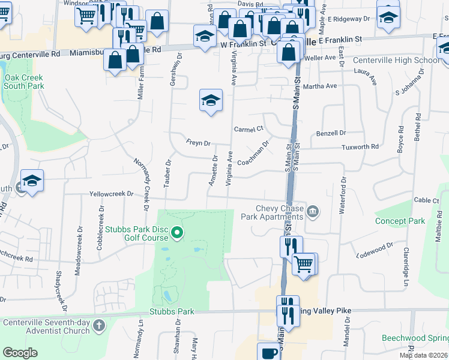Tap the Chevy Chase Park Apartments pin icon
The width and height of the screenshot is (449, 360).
[313, 211]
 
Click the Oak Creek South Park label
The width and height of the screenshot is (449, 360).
[24, 82]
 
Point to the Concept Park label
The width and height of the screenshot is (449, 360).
[400, 221]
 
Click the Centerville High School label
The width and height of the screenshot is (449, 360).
[396, 60]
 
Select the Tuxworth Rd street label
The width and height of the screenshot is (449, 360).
[360, 146]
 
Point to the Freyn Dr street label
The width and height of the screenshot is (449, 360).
[198, 143]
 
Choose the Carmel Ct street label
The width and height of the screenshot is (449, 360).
[249, 129]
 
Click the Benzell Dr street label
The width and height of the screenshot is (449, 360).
[332, 133]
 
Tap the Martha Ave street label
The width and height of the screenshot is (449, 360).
[323, 86]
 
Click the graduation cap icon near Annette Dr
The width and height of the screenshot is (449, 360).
[211, 101]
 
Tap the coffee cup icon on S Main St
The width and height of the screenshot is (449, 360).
[268, 352]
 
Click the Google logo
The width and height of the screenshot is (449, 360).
[20, 353]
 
